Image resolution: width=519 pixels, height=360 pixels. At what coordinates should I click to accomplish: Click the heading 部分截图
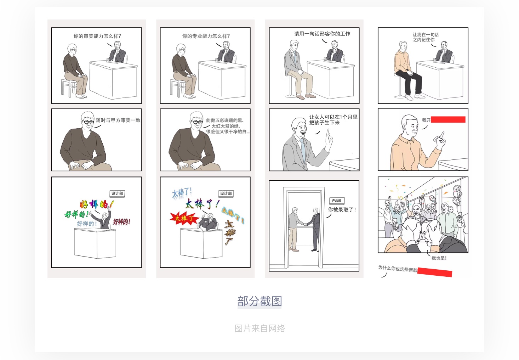point(259,302)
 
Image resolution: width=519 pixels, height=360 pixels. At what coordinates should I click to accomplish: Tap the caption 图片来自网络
point(259,328)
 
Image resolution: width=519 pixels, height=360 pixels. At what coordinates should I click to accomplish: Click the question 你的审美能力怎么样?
point(97,36)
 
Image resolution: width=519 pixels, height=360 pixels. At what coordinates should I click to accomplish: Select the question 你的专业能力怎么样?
point(206,36)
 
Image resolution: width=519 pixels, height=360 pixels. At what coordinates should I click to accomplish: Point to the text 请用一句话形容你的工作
point(322,34)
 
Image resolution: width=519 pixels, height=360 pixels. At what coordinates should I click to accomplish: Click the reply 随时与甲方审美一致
point(118,120)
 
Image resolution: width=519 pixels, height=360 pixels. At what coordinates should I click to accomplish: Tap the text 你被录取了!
point(342,210)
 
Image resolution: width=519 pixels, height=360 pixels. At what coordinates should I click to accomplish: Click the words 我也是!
point(439,258)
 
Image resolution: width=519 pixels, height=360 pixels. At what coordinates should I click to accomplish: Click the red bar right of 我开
point(448,120)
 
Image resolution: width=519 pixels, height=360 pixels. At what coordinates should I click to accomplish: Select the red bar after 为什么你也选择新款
point(434,272)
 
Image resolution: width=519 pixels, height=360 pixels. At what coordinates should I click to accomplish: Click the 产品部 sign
point(337,201)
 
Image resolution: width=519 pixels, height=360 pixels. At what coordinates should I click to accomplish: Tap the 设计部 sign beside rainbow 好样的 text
point(117,193)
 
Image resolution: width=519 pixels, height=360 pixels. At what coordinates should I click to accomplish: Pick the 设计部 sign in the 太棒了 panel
point(226,193)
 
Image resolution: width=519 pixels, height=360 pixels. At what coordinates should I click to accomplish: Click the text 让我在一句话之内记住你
point(425,37)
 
